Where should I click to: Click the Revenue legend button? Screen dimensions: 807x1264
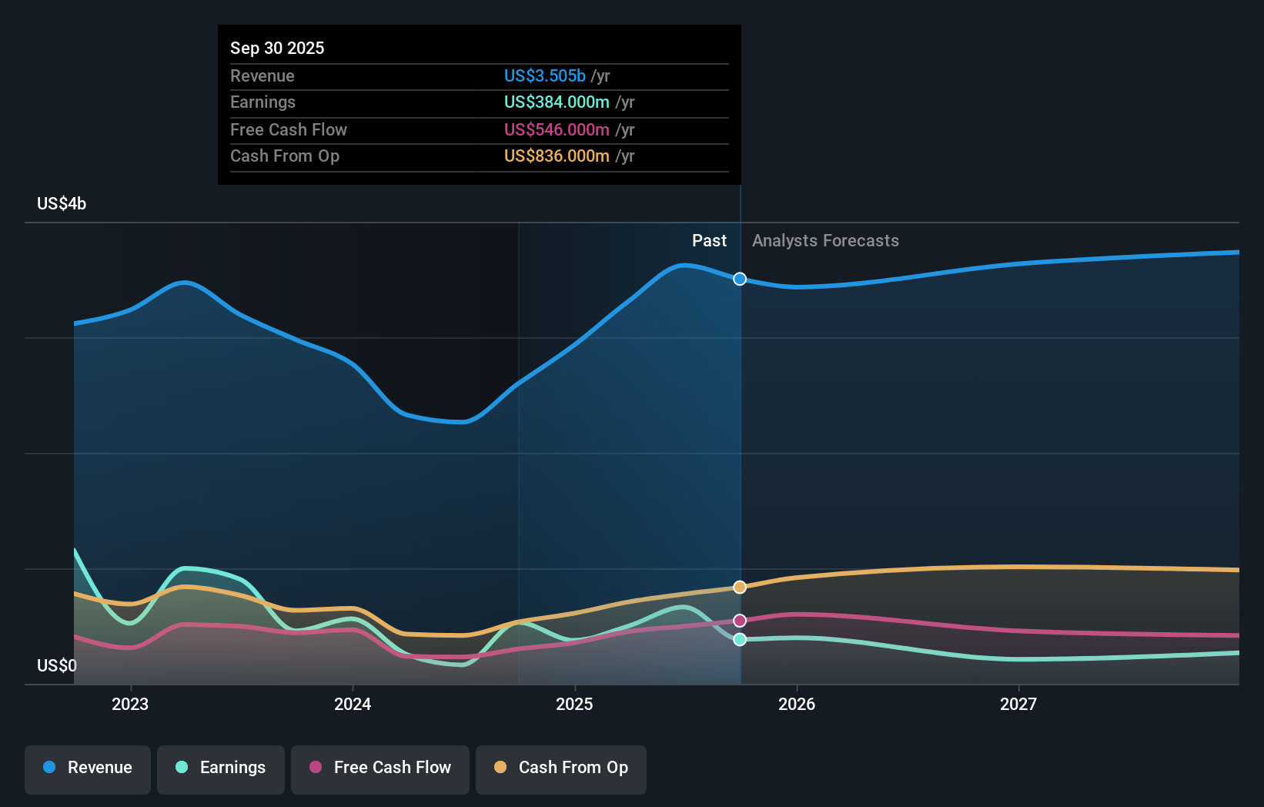pos(88,768)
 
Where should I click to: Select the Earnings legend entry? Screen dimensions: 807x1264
pos(221,768)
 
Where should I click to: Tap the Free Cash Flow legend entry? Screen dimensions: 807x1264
pos(380,768)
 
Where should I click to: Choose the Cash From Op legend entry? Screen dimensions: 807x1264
pos(561,768)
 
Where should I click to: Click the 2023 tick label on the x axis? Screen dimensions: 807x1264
pos(130,704)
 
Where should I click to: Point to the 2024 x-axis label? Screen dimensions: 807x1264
pos(353,704)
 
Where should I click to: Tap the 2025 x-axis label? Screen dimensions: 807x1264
pos(574,704)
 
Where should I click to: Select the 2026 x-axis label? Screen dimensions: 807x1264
pos(797,704)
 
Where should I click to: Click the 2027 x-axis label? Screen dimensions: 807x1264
pos(1018,704)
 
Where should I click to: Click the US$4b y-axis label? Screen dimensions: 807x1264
pos(62,204)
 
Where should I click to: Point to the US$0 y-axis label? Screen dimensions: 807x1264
pos(57,665)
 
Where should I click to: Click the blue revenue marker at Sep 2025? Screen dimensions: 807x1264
pos(740,279)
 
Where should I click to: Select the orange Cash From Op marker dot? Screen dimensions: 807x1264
pos(740,588)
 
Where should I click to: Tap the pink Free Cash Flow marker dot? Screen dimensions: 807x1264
pos(740,621)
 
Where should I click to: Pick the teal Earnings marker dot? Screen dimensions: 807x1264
pos(740,639)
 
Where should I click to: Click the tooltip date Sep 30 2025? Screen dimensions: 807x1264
pos(277,48)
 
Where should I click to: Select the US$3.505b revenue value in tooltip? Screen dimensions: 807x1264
pos(545,75)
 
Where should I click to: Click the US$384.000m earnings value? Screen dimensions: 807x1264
pos(557,102)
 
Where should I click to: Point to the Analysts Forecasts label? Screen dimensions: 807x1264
pos(825,241)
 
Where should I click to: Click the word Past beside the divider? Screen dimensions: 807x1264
pos(709,241)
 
